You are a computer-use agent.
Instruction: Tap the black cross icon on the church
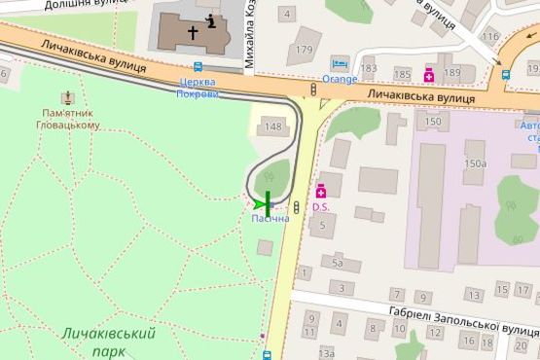[193, 32]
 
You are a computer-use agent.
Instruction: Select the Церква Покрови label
[198, 88]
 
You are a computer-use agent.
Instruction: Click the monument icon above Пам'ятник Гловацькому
[67, 98]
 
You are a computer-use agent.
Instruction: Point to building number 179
[305, 50]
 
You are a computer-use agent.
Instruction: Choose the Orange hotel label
[340, 79]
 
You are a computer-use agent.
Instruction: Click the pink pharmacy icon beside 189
[429, 73]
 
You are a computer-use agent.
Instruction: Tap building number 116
[489, 37]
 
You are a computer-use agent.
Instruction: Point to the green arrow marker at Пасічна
[259, 203]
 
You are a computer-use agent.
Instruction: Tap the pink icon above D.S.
[320, 192]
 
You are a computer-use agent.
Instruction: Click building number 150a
[475, 163]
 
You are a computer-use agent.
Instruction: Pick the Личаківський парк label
[108, 342]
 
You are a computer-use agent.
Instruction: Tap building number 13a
[326, 353]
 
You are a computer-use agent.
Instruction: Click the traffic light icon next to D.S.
[295, 206]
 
